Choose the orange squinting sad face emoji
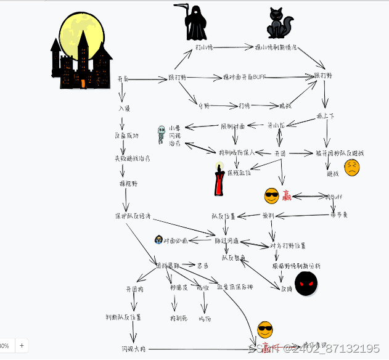351,168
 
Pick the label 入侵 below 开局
125,108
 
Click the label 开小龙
276,125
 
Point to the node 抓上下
326,115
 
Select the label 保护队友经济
133,216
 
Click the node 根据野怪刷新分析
296,266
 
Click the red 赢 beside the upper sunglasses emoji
287,196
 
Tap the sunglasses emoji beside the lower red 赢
265,329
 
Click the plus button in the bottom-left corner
22,346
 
